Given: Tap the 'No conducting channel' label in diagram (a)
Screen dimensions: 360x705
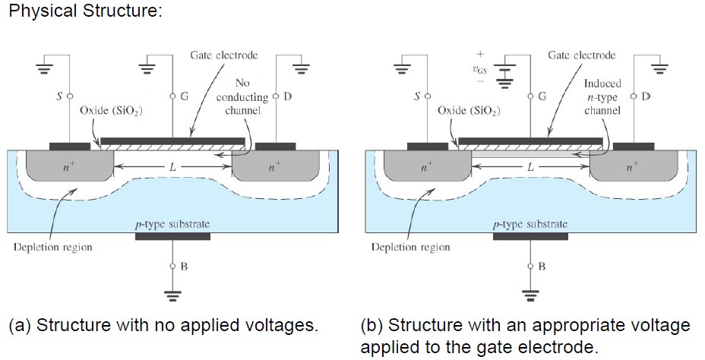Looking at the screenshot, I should point(242,96).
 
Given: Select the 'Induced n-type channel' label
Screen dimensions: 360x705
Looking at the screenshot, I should point(602,96).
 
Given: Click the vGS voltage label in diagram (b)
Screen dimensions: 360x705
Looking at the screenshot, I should point(479,69).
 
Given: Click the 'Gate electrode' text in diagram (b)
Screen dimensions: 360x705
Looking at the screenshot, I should point(582,55).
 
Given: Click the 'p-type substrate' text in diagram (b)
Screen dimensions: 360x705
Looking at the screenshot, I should point(530,224).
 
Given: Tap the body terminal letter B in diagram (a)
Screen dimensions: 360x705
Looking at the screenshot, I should point(184,267).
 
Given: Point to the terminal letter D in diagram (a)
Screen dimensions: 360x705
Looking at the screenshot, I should point(286,96).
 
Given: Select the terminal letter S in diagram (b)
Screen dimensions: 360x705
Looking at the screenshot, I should point(416,96).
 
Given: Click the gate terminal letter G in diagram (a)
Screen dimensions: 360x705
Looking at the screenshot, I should point(184,96).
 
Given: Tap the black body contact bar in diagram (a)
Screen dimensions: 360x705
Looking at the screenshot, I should point(172,236).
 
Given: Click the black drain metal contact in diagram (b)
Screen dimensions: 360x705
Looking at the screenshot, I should point(633,146).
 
